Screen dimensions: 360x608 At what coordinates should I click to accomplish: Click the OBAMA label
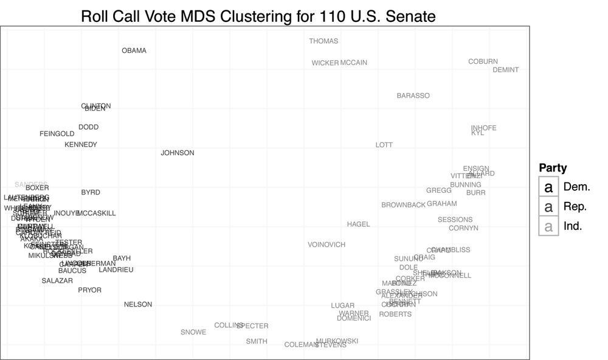click(x=134, y=50)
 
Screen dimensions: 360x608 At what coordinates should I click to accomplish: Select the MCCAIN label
click(x=354, y=63)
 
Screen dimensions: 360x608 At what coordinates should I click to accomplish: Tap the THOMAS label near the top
click(x=323, y=41)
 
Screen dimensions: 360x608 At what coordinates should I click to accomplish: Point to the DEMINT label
click(x=505, y=70)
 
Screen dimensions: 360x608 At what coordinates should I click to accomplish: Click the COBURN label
click(x=483, y=61)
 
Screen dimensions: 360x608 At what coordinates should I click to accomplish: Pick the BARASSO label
click(x=413, y=95)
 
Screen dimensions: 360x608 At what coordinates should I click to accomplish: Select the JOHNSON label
click(x=178, y=153)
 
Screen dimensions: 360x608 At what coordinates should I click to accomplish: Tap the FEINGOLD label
click(x=57, y=134)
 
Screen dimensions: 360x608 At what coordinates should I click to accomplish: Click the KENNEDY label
click(x=81, y=145)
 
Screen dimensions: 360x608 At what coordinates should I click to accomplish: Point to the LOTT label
click(x=384, y=145)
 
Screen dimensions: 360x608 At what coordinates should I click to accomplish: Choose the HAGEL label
click(x=358, y=224)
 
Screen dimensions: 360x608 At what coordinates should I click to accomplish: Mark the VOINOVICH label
click(x=326, y=244)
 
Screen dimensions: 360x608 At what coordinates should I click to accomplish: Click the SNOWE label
click(x=193, y=332)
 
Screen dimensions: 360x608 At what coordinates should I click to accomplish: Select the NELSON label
click(x=138, y=304)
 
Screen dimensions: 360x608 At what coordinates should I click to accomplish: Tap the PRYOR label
click(x=89, y=290)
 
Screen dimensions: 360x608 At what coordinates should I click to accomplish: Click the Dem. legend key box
click(x=548, y=187)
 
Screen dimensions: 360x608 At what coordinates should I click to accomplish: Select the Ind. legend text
click(x=573, y=226)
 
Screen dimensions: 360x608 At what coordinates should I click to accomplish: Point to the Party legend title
click(x=553, y=168)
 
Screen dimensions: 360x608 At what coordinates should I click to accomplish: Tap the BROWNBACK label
click(x=403, y=205)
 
